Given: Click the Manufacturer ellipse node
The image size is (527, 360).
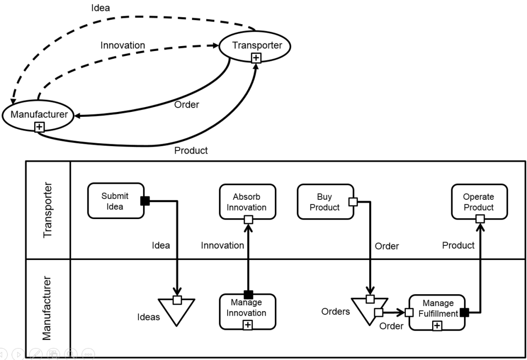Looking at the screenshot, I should click(39, 115).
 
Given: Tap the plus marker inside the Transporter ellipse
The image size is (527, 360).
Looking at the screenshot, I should click(255, 58).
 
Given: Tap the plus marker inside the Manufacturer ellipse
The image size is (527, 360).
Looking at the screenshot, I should click(39, 127).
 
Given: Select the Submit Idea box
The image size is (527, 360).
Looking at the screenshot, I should click(116, 201).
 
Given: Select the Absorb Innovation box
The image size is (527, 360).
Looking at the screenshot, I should click(249, 201).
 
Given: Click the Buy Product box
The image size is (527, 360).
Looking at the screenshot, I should click(325, 201).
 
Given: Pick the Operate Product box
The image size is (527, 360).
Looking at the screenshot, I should click(479, 201).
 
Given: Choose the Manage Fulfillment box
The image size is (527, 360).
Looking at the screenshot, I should click(437, 312).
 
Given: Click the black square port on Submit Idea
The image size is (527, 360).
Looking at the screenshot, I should click(145, 201).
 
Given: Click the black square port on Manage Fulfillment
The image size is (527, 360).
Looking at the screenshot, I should click(465, 313).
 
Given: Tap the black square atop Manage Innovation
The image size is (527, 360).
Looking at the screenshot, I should click(248, 295).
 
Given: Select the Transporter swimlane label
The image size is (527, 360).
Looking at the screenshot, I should click(48, 209).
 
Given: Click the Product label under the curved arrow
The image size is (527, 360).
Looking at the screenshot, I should click(191, 151).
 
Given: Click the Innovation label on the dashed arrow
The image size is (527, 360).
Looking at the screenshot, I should click(123, 45).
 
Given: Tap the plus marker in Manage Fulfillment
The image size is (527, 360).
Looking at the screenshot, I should click(437, 325).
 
